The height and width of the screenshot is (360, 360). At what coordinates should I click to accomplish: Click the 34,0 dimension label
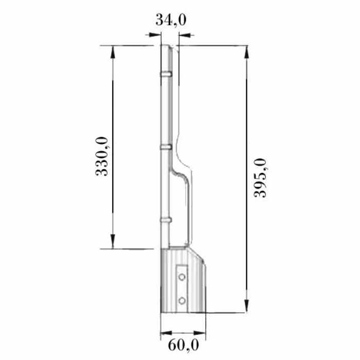(170, 21)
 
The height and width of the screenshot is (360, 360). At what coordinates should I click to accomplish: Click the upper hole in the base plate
(182, 277)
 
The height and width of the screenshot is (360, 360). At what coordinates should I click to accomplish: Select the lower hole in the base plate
(182, 299)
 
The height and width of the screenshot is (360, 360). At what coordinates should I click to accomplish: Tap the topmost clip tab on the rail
(166, 74)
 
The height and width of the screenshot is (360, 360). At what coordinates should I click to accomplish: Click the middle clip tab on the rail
(166, 147)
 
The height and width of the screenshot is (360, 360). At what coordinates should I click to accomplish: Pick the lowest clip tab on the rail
(166, 220)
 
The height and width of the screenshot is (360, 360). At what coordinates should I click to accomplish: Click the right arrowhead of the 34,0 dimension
(185, 35)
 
